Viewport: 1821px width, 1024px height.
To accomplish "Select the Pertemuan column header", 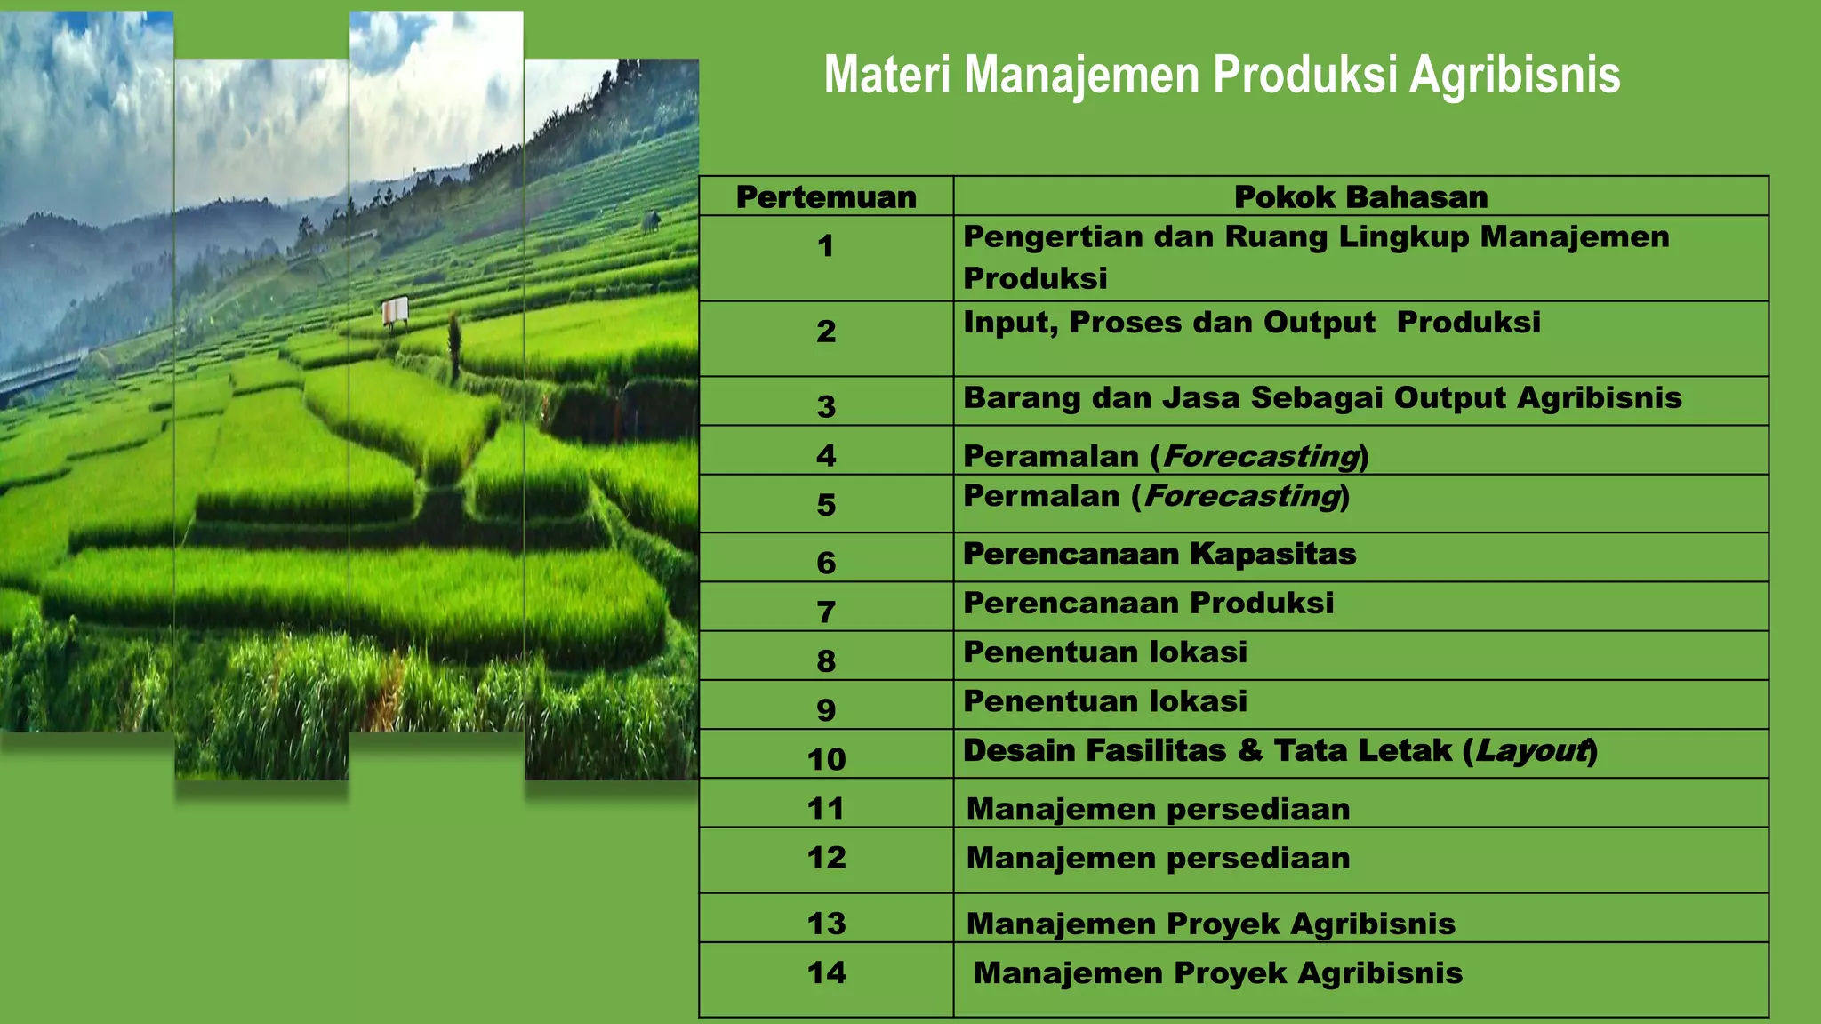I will pyautogui.click(x=826, y=196).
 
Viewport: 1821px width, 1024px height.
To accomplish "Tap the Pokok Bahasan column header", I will pyautogui.click(x=1360, y=196).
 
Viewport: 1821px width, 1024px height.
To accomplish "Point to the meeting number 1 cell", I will pyautogui.click(x=826, y=246).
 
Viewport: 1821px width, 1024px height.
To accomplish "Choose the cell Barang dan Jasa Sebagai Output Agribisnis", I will pyautogui.click(x=1322, y=398).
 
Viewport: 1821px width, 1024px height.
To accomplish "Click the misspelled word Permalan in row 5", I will pyautogui.click(x=1041, y=496).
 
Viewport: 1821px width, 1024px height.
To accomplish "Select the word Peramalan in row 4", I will pyautogui.click(x=1051, y=456).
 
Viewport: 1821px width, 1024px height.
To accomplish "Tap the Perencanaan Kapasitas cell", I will pyautogui.click(x=1159, y=555).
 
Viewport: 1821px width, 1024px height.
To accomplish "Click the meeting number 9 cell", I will pyautogui.click(x=826, y=709).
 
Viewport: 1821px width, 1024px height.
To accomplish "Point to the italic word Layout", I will pyautogui.click(x=1532, y=751).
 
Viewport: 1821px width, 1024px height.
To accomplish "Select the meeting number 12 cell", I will pyautogui.click(x=826, y=858).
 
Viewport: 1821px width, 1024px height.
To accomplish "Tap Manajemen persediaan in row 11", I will pyautogui.click(x=1158, y=809).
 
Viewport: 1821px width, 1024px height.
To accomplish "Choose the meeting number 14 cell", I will pyautogui.click(x=826, y=972).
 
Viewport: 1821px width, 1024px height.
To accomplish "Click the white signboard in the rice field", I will pyautogui.click(x=395, y=309).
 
